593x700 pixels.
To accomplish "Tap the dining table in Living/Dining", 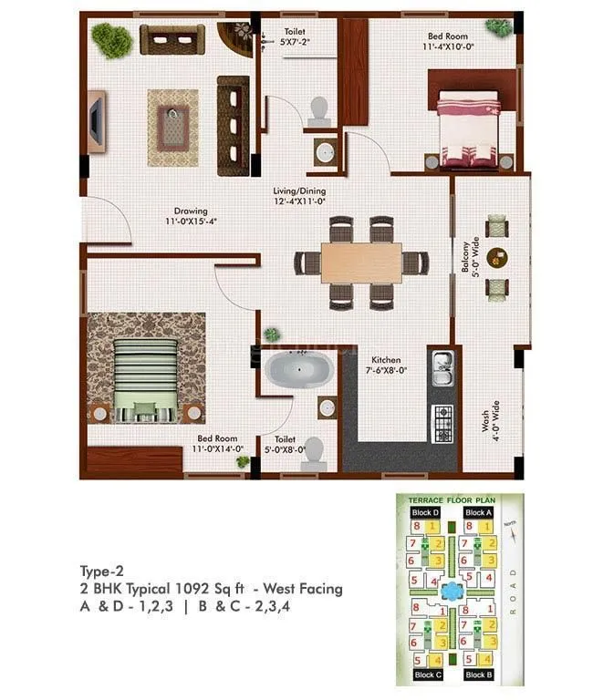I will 360,262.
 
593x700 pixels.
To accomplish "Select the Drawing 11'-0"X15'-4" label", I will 191,215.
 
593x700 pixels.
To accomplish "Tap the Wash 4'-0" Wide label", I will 490,421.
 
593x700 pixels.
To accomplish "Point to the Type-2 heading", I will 102,571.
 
